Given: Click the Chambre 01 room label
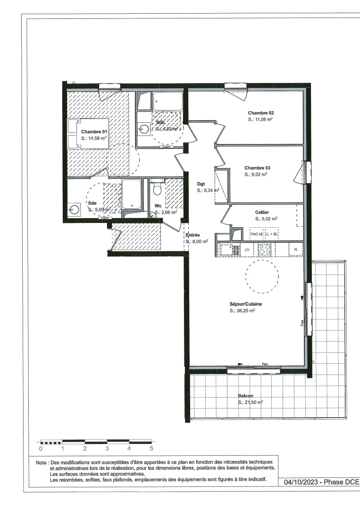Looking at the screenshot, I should point(94,132).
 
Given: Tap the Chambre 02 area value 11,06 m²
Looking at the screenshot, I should point(260,120).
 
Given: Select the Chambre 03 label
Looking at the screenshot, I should point(257,168).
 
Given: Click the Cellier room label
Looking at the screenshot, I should point(262,212).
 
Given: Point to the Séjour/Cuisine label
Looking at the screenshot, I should point(243,304).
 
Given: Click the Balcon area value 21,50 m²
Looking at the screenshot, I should point(250,402).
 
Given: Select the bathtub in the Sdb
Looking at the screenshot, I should point(167,101).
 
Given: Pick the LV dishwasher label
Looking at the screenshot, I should point(246,249).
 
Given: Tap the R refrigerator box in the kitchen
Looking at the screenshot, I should point(295,249).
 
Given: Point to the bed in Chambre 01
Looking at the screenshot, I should point(88,133).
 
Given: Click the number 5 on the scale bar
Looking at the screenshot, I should point(151,449).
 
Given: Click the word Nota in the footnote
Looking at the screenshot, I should point(41,463).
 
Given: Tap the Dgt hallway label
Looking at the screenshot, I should point(201,184).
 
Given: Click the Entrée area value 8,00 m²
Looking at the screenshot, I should point(197,241).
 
